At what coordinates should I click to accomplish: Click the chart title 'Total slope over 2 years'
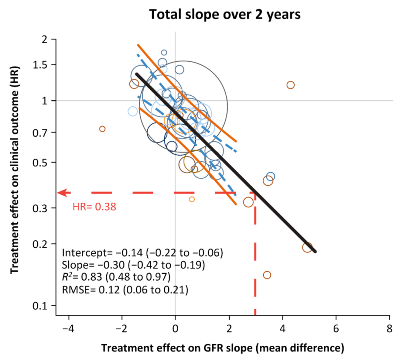tap(225, 15)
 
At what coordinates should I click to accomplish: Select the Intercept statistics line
tap(142, 253)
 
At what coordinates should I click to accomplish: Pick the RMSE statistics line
tap(125, 290)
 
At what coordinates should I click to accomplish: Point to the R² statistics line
tap(122, 277)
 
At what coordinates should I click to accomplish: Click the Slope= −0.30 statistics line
tap(133, 265)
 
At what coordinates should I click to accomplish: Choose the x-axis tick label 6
tap(336, 330)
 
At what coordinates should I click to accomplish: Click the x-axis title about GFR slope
tap(223, 348)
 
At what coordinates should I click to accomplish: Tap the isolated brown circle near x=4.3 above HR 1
tap(290, 85)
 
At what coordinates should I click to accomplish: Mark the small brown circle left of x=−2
tap(102, 129)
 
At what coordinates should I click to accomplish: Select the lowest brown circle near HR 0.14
tap(267, 275)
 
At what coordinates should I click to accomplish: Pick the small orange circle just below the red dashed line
tap(192, 199)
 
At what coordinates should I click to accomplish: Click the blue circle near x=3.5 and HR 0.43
tap(270, 176)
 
